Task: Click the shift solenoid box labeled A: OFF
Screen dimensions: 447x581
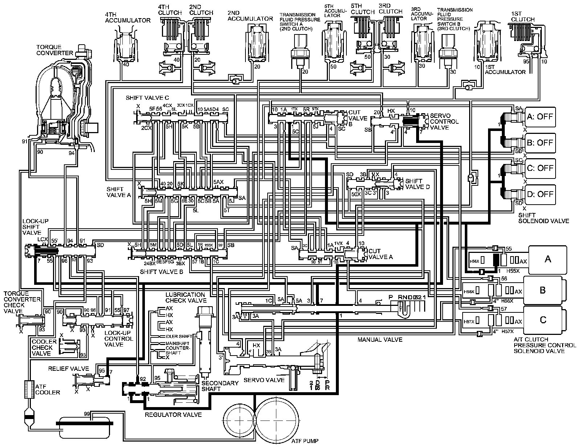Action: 540,117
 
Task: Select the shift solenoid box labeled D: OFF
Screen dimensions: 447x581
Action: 540,194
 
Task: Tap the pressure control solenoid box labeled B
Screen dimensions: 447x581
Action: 543,290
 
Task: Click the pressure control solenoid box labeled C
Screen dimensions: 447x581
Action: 543,320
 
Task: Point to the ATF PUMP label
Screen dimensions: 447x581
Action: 305,441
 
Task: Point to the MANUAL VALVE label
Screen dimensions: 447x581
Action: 380,340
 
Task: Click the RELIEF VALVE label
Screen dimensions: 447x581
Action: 68,369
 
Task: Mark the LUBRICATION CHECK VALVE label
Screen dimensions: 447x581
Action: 186,298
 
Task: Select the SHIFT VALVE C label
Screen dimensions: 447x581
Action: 147,98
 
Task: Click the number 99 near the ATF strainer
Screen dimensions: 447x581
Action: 87,414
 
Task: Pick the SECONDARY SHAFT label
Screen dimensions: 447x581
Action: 220,386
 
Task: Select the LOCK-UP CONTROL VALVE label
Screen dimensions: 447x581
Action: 119,339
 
